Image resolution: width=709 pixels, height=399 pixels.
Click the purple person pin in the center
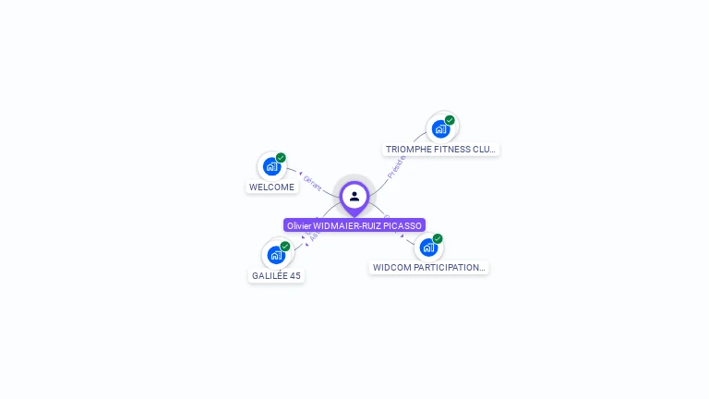point(354,197)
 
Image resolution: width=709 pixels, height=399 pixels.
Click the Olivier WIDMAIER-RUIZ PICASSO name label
point(354,225)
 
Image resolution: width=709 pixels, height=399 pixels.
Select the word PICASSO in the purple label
point(403,225)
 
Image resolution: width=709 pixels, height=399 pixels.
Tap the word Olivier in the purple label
point(299,225)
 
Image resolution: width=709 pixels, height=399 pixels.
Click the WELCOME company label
point(271,187)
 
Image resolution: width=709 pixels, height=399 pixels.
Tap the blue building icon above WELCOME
point(270,166)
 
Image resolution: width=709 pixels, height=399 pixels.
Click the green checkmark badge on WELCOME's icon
point(281,158)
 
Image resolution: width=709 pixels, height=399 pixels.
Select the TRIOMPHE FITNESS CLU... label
point(440,149)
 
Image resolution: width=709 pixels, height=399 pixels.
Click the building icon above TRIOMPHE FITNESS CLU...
point(440,128)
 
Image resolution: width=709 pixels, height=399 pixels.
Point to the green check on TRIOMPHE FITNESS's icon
point(450,120)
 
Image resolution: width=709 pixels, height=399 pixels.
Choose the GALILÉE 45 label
point(276,275)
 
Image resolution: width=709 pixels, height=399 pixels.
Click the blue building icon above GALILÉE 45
point(275,255)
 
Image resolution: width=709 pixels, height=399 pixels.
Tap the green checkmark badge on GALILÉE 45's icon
point(285,247)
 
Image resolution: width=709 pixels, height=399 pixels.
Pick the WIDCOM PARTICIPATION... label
point(428,268)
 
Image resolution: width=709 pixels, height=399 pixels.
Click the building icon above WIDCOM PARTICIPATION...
point(427,248)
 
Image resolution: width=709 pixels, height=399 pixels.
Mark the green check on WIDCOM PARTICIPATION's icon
point(438,239)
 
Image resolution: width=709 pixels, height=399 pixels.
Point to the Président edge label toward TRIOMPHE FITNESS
point(396,167)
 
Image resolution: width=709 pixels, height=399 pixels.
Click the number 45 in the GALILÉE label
point(294,275)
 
